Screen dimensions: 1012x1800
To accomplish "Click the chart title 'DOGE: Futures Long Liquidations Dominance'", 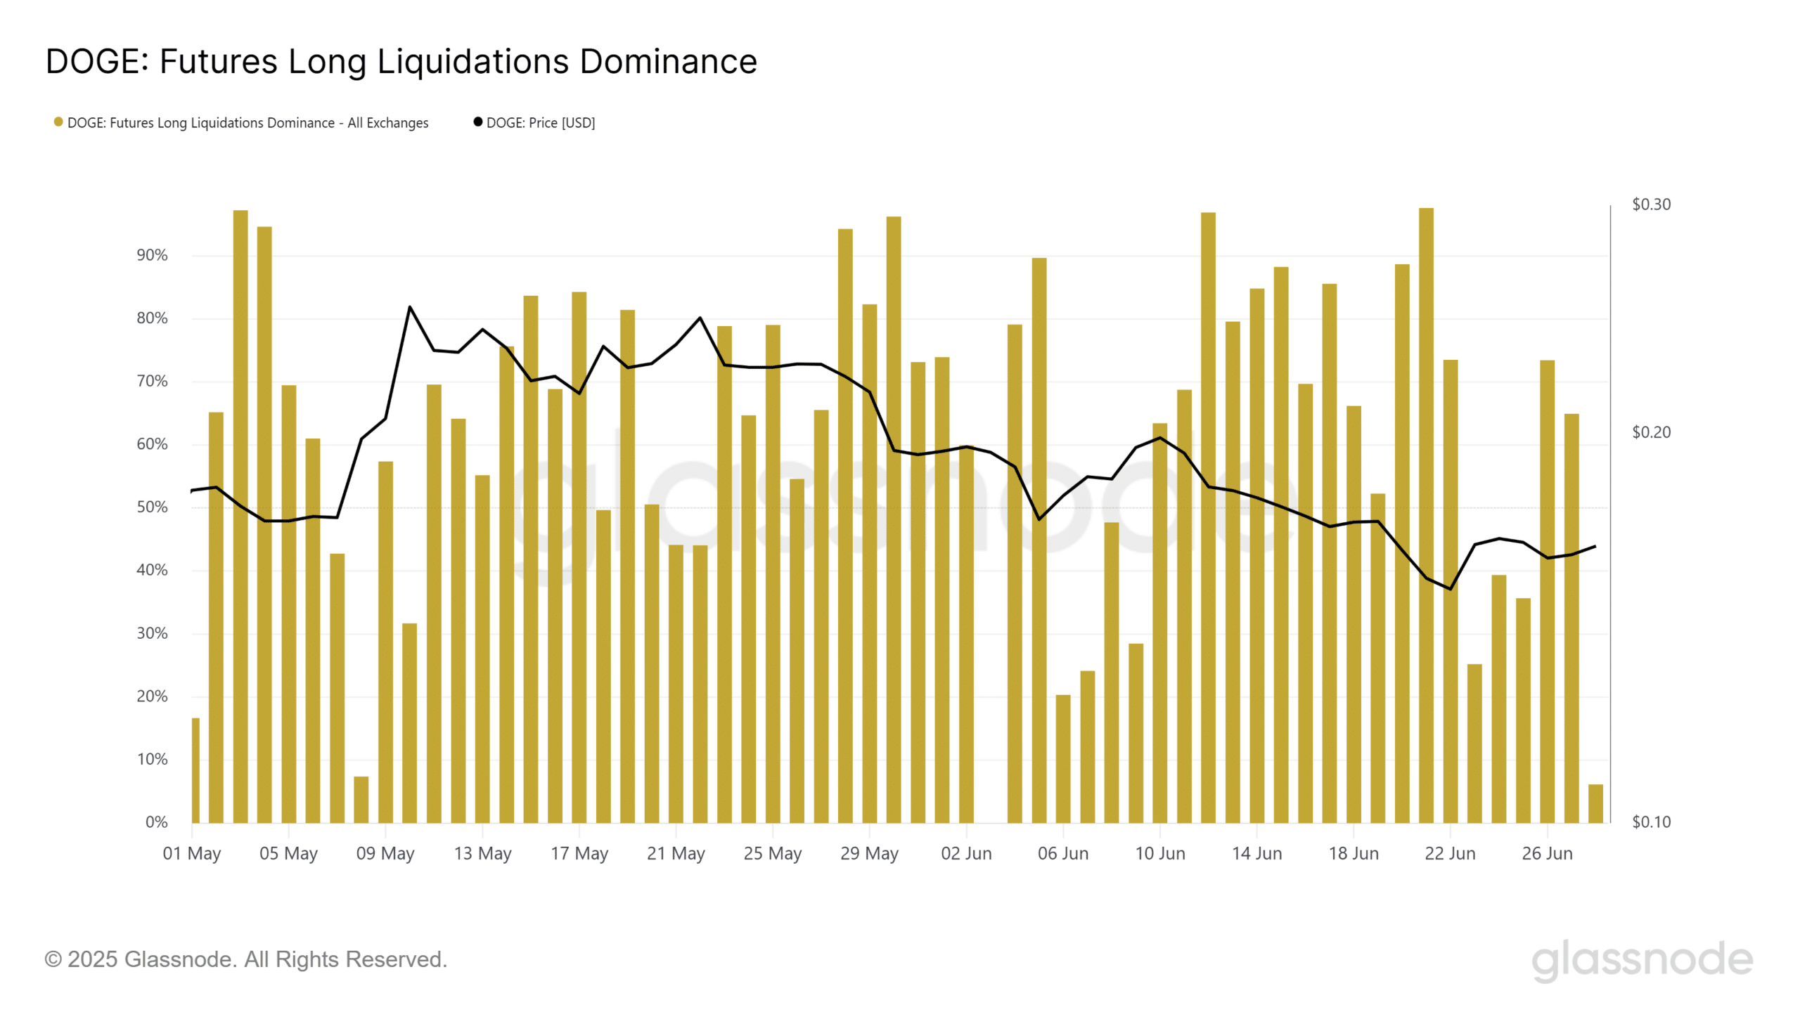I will click(401, 62).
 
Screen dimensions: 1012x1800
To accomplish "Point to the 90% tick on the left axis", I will click(152, 256).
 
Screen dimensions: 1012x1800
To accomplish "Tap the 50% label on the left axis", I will click(152, 507).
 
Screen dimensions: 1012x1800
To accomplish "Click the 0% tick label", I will click(156, 822).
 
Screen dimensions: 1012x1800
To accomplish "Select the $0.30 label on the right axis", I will click(1651, 205).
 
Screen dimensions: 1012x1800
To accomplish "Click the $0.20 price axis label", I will click(1651, 432).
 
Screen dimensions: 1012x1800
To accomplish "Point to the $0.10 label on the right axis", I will click(1651, 822).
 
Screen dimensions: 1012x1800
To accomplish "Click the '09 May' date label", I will click(385, 854).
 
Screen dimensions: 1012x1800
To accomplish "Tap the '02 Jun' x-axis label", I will click(966, 854).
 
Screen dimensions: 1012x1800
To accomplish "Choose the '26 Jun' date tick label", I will click(1547, 854).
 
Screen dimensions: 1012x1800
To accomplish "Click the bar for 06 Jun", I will click(1063, 759).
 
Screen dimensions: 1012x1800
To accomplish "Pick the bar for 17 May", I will click(579, 562).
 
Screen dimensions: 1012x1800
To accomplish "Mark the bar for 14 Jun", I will click(1257, 562).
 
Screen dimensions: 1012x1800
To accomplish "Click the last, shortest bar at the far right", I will click(1595, 804).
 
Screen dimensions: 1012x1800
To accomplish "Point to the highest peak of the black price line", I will click(410, 307).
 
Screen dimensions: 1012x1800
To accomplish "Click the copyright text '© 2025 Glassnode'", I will click(245, 960).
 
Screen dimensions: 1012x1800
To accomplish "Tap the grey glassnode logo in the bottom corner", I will click(1642, 960).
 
